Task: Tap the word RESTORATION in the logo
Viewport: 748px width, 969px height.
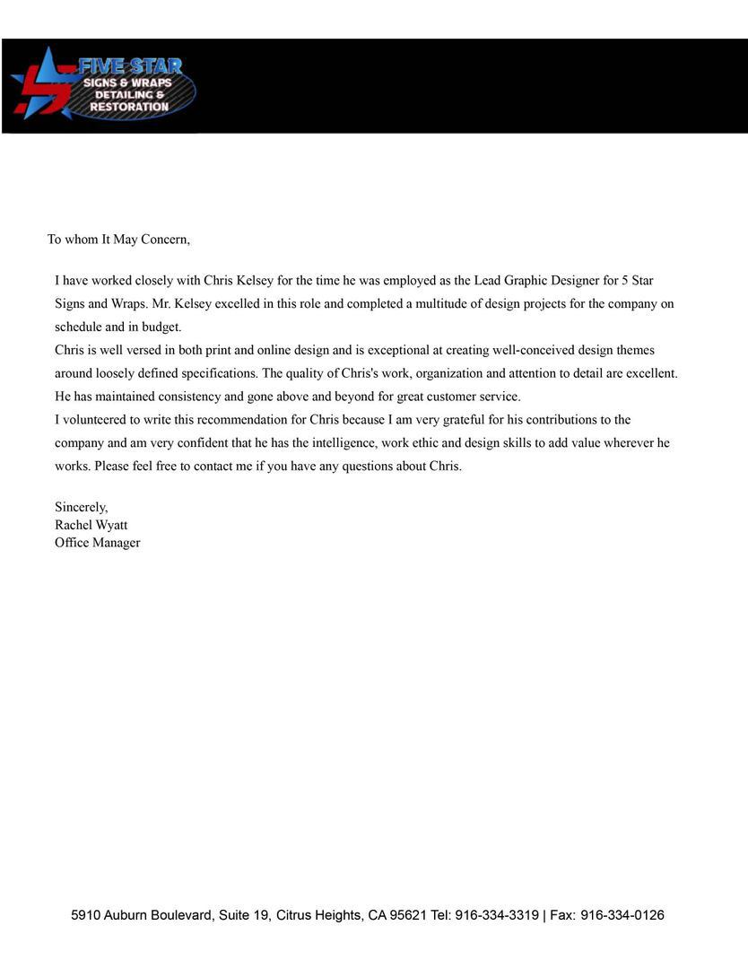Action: (x=129, y=107)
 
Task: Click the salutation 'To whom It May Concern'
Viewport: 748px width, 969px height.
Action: (x=118, y=240)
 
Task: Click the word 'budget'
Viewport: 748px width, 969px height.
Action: (x=161, y=327)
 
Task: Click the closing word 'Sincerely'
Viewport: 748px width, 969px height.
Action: (x=81, y=508)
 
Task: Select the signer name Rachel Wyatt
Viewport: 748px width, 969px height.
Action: (x=91, y=525)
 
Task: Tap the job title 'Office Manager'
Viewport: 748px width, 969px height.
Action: (x=97, y=543)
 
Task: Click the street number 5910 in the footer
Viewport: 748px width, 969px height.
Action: (x=86, y=916)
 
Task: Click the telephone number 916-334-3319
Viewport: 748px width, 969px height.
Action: (x=497, y=916)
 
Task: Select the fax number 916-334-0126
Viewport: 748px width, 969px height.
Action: (x=622, y=916)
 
